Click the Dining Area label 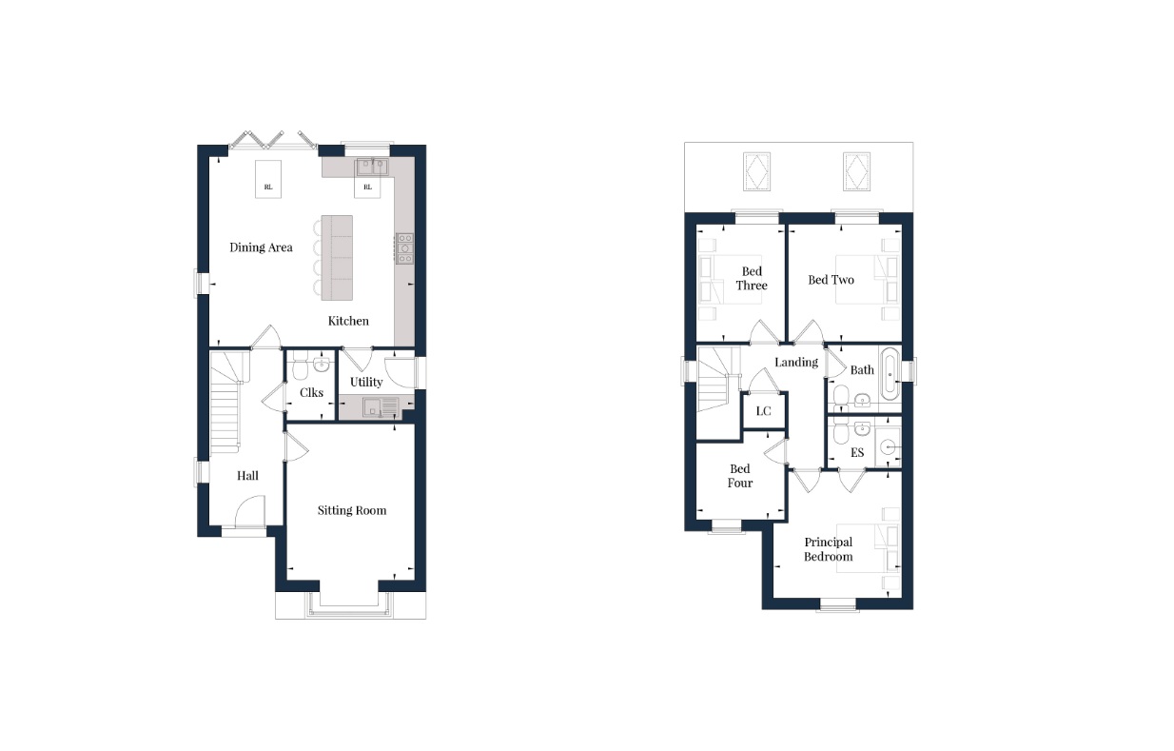(x=261, y=247)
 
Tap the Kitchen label (x=348, y=321)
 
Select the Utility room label (x=366, y=382)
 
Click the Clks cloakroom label (x=311, y=392)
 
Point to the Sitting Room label (x=352, y=510)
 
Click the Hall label (x=247, y=476)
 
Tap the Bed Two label (x=831, y=280)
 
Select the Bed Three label (x=752, y=279)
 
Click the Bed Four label (x=740, y=476)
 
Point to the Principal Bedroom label (x=828, y=549)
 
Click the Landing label (x=795, y=362)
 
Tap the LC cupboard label (x=763, y=411)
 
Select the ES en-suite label (x=857, y=453)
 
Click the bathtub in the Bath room (x=889, y=374)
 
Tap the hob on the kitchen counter (x=405, y=247)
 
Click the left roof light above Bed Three (x=757, y=172)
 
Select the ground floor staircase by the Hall (x=225, y=400)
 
